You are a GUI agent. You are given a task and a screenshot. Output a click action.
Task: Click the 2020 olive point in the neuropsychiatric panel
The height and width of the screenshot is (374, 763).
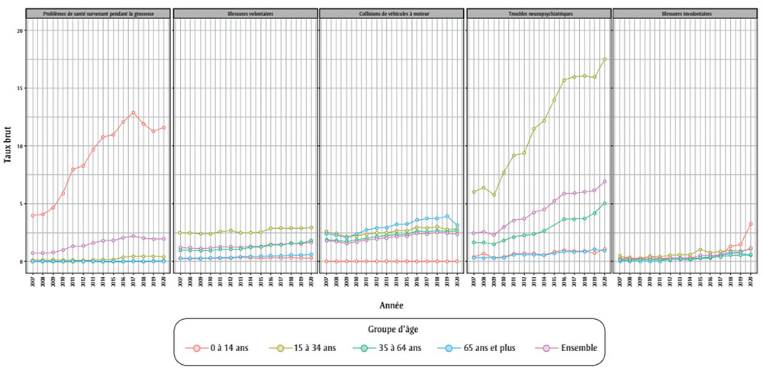604,60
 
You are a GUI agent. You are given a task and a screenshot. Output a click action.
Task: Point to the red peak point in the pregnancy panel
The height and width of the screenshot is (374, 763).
134,113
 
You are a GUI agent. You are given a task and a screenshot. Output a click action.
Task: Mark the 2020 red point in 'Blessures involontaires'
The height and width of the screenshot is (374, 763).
751,224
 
